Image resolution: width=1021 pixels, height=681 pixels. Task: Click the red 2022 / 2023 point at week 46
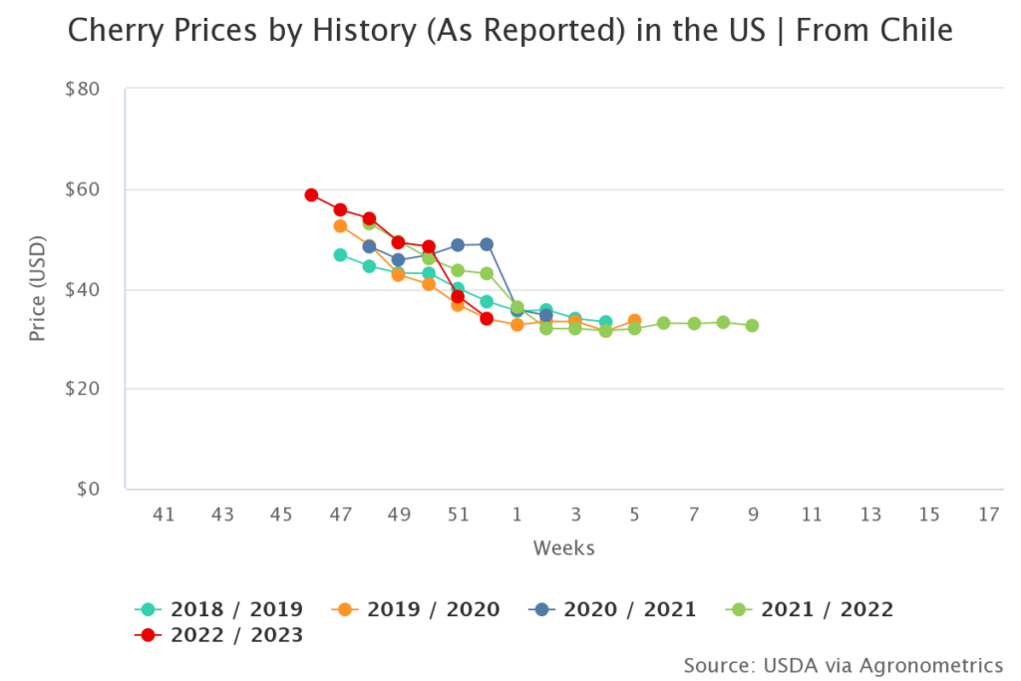[311, 195]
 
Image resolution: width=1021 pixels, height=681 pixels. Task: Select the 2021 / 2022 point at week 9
[752, 326]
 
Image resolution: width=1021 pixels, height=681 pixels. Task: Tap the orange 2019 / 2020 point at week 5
[634, 321]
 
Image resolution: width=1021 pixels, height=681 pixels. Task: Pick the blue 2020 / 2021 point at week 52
[487, 244]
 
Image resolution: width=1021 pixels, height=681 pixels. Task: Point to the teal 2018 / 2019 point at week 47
[340, 255]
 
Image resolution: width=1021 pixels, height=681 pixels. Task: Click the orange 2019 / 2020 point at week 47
[340, 226]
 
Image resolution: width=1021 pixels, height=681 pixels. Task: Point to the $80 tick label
[82, 90]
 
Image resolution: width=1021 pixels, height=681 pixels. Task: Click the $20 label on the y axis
[82, 390]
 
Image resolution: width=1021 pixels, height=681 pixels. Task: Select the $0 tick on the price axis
[88, 490]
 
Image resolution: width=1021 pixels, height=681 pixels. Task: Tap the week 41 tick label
[164, 514]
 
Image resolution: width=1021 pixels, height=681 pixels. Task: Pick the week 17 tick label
[988, 514]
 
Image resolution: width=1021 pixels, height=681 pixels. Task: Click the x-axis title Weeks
[563, 547]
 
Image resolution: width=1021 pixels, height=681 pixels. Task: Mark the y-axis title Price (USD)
[38, 289]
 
